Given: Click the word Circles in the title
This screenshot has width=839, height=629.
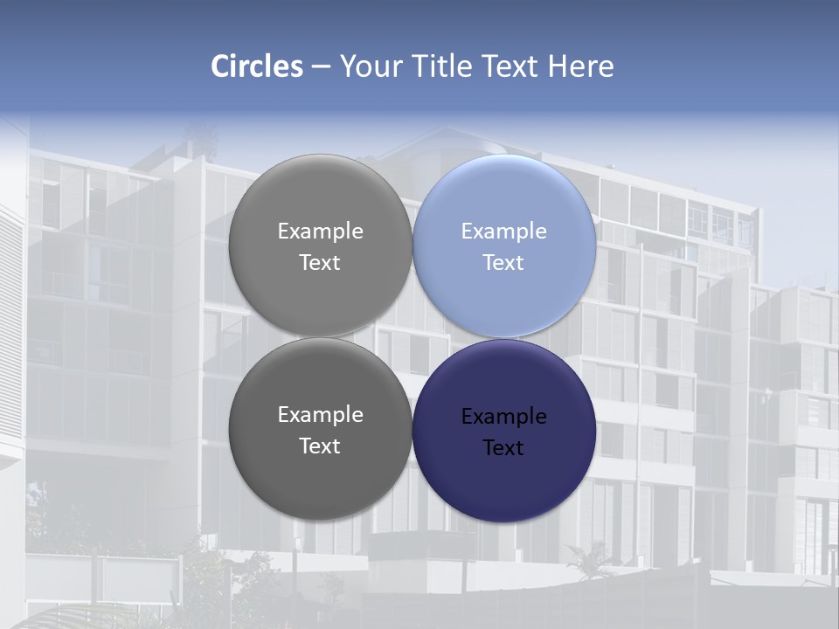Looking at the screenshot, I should coord(256,66).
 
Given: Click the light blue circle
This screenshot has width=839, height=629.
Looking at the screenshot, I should coord(504,246).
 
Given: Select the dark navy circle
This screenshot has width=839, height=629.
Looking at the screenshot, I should coord(504,431).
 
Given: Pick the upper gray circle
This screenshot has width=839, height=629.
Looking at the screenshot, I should coord(320,246).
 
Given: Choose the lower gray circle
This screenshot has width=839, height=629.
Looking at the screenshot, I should coord(320,431).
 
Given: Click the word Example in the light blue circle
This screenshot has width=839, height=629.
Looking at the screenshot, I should coord(503,232).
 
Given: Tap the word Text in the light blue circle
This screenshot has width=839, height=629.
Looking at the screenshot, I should coord(503,263).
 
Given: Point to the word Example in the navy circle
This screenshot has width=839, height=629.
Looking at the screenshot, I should coord(503,417).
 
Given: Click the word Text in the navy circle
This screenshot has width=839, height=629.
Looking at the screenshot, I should coord(503,448).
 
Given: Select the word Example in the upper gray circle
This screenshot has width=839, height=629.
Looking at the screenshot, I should coord(320,232).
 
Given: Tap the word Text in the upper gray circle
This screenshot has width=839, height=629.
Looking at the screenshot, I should coord(320,263).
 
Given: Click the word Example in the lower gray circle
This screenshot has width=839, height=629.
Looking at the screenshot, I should coord(320,415).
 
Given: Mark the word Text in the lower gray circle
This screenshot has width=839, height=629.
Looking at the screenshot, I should coord(320,446).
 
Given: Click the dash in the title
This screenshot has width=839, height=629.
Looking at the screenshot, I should coord(320,66).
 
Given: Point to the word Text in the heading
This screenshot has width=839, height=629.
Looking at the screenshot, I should coord(510,66).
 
